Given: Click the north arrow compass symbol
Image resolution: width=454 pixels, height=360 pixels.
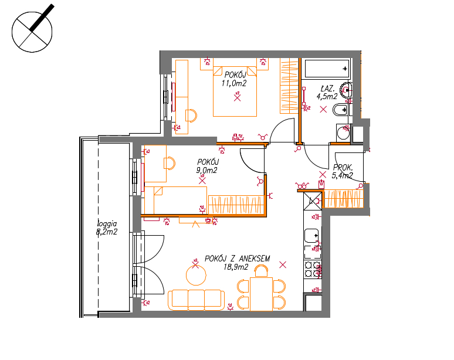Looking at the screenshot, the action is pos(32,32).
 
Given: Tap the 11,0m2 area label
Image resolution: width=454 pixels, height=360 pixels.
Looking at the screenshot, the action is pos(234,84).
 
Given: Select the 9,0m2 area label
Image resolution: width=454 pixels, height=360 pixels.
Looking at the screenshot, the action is pos(206,171).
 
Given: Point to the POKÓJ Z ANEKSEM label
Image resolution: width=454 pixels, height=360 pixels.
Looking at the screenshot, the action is pos(237,259).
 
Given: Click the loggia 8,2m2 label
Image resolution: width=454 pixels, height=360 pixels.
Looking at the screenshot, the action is pos(107,227).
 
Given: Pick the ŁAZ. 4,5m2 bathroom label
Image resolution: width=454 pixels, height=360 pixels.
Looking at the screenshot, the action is pos(327,92).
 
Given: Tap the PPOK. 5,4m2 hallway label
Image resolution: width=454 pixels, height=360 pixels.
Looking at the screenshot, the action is pos(343,171).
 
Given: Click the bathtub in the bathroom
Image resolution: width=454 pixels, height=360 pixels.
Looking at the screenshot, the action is pos(327,69).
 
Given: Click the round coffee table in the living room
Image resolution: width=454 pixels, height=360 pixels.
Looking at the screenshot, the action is pos(196,275).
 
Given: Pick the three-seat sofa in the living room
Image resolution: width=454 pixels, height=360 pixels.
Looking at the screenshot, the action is pos(196,300).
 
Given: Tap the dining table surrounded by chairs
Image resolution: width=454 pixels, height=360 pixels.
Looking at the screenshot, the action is pos(261,294).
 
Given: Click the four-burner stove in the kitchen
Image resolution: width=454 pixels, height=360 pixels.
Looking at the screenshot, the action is pos(313,270).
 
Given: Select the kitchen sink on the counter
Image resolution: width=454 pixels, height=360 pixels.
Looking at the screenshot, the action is pos(311,236).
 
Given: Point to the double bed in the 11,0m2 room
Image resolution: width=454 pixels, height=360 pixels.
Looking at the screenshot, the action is pos(235,91).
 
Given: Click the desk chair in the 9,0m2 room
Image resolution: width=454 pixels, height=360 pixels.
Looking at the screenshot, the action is pos(170,164).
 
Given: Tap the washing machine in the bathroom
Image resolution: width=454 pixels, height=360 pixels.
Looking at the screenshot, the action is pos(343,134).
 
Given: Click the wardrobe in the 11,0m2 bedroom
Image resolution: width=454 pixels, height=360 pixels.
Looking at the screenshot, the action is pos(289,86).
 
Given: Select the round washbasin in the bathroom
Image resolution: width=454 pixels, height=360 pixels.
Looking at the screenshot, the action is pos(346,90).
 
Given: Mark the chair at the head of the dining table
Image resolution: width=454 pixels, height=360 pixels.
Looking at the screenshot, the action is pos(261,271).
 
